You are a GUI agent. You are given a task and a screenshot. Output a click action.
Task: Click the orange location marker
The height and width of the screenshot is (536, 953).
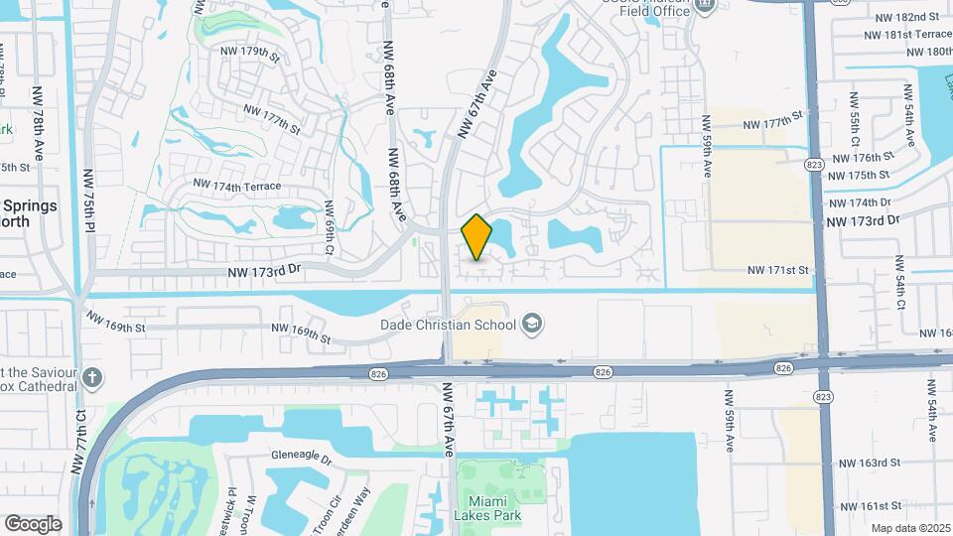(x=477, y=237)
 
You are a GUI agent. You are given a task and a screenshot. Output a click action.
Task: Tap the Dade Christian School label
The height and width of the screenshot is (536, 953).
(x=448, y=325)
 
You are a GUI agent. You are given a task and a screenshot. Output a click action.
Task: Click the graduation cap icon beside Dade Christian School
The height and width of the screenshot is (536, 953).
(x=532, y=324)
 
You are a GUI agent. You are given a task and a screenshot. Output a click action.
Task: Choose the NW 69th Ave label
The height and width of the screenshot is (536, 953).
(x=331, y=225)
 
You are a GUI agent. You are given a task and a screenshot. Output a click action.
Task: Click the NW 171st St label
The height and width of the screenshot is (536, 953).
(x=779, y=270)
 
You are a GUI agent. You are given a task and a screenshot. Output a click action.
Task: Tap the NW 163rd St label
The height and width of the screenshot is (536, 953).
(x=869, y=463)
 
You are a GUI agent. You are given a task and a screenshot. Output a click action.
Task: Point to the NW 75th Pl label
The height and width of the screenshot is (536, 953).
(x=89, y=200)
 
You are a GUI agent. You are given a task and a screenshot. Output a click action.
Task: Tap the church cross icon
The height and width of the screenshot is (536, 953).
(x=92, y=377)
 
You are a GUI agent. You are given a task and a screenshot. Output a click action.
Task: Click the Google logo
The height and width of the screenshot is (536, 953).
(x=33, y=523)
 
